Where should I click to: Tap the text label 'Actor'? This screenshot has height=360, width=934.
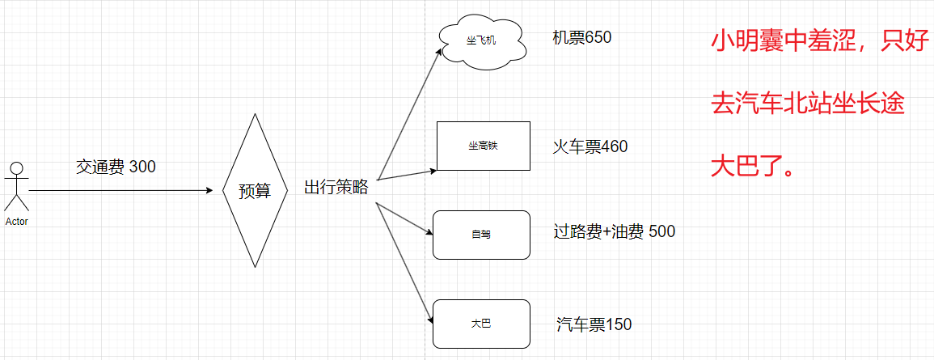coord(16,221)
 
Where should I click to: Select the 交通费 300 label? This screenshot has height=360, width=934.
coord(116,167)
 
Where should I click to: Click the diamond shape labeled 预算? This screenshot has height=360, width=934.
coord(255,190)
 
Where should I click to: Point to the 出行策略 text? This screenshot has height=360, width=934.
coord(336,188)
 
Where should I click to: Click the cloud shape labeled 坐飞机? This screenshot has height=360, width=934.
coord(482,40)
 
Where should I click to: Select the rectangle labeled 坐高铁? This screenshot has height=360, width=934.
coord(483,146)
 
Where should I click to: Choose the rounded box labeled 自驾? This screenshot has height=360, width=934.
coord(481,235)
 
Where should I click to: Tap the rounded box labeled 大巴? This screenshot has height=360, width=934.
coord(481,324)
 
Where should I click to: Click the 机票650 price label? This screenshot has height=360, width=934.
coord(581,37)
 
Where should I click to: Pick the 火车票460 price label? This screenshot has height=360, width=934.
coord(590,146)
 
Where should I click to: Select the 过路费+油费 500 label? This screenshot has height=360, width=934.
coord(614,232)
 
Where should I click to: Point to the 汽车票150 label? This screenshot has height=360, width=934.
coord(594,325)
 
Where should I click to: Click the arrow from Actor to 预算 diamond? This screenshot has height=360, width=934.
coord(121,191)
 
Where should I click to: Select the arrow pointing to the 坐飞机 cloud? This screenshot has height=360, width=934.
coord(409,113)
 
